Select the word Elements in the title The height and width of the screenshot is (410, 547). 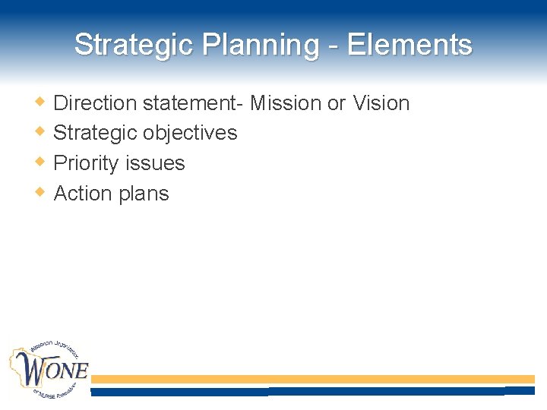(409, 45)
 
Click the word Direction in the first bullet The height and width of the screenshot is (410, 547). (95, 102)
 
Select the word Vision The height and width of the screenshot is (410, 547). (381, 102)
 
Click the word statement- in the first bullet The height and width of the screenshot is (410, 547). (193, 102)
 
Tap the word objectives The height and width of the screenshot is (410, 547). (190, 133)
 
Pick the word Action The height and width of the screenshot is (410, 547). (83, 194)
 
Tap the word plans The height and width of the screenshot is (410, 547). (144, 194)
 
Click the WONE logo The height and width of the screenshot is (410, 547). (49, 369)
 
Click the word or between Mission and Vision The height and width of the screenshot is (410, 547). (337, 102)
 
